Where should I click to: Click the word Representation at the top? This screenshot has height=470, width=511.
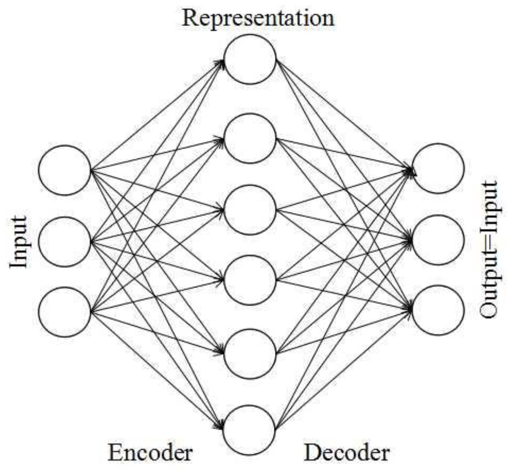[x=258, y=18]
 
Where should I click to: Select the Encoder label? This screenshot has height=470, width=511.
[x=150, y=452]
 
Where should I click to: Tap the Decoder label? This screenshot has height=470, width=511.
[x=346, y=452]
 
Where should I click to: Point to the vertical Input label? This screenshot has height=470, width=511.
[x=18, y=242]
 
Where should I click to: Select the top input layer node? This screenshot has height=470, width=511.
[x=65, y=170]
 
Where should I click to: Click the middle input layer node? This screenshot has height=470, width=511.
[x=65, y=241]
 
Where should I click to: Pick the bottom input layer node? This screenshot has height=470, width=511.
[x=65, y=312]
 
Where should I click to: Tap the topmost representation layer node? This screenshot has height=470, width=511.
[x=250, y=59]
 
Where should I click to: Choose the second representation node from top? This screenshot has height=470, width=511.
[x=250, y=138]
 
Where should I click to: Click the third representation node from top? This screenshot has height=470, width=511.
[x=250, y=210]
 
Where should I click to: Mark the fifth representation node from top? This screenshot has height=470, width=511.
[x=250, y=354]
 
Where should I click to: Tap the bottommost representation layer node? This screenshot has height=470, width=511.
[x=249, y=430]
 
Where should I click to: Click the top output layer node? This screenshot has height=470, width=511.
[x=438, y=169]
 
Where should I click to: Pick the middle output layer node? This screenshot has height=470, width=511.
[x=438, y=240]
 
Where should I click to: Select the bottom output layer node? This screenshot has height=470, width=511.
[x=438, y=310]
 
